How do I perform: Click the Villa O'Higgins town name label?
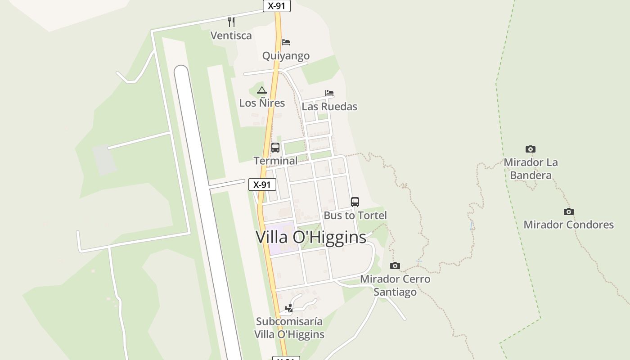point(311,237)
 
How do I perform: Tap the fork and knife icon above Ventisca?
point(231,22)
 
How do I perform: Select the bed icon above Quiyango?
point(286,42)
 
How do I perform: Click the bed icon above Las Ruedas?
point(329,93)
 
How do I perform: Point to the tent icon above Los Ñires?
point(262,90)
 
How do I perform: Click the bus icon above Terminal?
point(275,148)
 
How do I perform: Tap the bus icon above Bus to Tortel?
point(355,202)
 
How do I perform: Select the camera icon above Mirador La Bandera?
point(531,149)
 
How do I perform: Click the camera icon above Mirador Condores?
point(569,211)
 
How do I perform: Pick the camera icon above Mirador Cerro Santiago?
point(395,265)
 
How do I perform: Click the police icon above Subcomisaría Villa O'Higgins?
point(289,308)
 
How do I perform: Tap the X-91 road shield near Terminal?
point(262,184)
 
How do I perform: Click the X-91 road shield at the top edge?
point(277,6)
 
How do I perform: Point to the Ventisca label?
point(231,36)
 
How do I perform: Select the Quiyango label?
point(286,56)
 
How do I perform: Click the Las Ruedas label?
point(329,107)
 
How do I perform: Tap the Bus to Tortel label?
point(355,216)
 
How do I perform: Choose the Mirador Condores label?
point(569,225)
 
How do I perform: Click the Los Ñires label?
point(262,103)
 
